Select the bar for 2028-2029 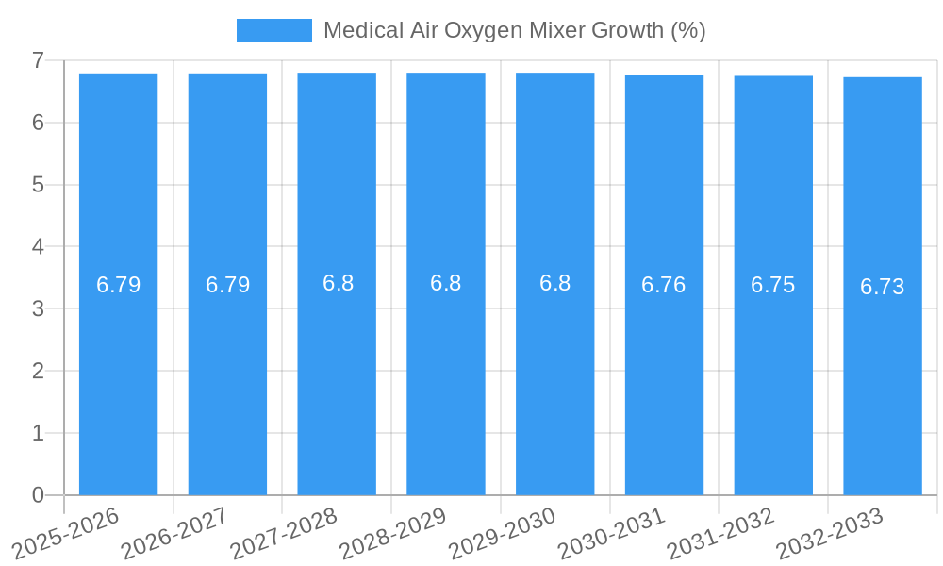point(446,377)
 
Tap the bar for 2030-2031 point(664,377)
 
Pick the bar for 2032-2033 point(883,377)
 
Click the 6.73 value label point(883,287)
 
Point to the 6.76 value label point(664,285)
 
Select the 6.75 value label point(773,285)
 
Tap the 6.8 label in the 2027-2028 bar point(338,283)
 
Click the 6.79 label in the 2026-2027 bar point(227,285)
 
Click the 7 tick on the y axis point(38,60)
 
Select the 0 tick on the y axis point(38,495)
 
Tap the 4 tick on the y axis point(38,247)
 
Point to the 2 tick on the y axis point(38,371)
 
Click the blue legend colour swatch point(273,30)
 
